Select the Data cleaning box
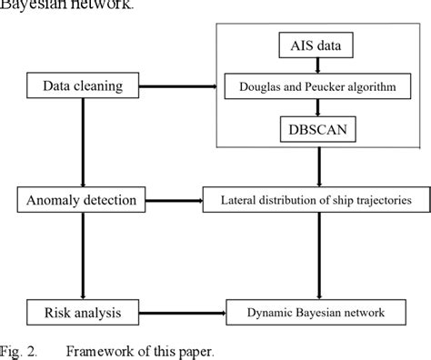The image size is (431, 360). [83, 86]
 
